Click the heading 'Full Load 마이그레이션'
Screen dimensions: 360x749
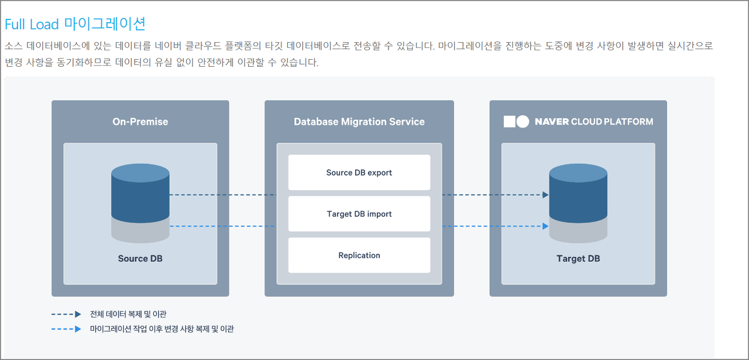click(75, 24)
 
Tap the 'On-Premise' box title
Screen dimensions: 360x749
click(140, 122)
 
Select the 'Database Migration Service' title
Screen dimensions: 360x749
click(359, 122)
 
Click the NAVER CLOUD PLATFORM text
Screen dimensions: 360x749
click(593, 122)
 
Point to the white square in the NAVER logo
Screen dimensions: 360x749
click(509, 121)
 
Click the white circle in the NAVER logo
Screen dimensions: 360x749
click(523, 121)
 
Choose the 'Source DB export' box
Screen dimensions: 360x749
click(359, 173)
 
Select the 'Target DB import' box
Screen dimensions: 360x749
click(359, 214)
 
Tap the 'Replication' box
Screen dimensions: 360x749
click(359, 255)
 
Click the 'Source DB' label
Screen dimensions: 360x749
click(140, 259)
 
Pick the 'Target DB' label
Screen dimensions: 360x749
click(578, 259)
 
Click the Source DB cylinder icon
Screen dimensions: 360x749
click(140, 193)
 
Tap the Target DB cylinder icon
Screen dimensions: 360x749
click(578, 193)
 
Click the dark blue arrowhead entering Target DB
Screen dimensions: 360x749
click(545, 195)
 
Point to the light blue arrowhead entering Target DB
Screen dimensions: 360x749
click(545, 226)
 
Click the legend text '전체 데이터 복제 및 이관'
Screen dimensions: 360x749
click(128, 314)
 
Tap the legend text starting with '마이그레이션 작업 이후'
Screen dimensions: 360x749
click(162, 329)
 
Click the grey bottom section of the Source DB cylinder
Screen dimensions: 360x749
click(140, 232)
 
